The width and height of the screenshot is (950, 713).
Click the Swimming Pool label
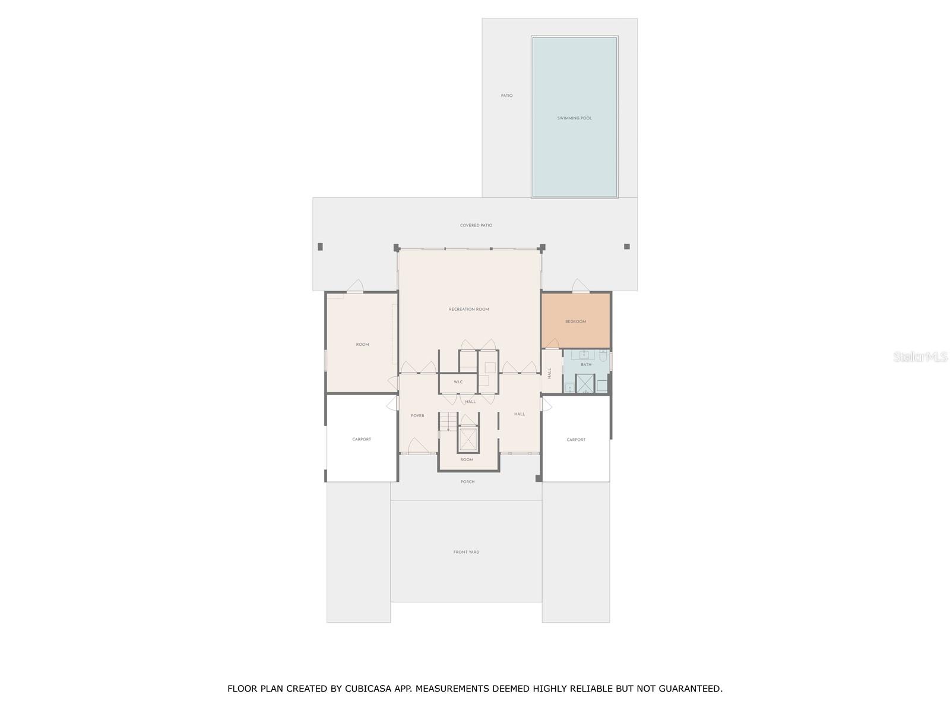click(574, 118)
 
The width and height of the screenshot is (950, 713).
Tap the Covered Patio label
click(476, 226)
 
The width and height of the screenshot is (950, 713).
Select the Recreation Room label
click(469, 310)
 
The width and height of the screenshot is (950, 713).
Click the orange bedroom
click(575, 321)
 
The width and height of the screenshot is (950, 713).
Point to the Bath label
click(586, 365)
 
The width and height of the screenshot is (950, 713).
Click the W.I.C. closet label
click(458, 382)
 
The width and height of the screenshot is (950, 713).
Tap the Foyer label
click(417, 416)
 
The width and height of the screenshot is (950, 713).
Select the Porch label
click(467, 482)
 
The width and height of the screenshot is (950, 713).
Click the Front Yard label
click(466, 553)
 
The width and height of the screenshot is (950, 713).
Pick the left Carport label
click(362, 440)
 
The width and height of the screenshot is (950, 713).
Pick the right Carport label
click(576, 440)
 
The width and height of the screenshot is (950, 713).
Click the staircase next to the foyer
click(448, 422)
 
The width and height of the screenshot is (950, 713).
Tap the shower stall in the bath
click(585, 384)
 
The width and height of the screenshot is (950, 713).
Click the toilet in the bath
click(603, 356)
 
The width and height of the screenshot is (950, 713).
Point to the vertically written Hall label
click(550, 373)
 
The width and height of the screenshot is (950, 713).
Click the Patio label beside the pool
click(506, 96)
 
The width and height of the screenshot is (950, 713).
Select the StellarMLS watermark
click(920, 357)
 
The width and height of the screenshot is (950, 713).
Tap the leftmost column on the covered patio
click(320, 247)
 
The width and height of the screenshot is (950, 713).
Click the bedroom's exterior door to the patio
click(580, 287)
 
